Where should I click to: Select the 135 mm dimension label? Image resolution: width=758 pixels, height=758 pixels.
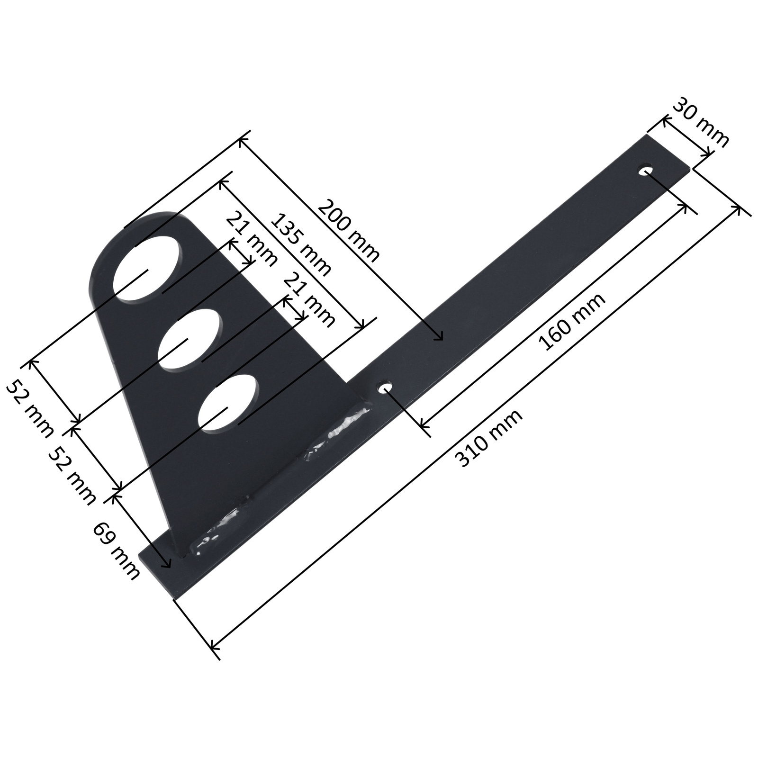(302, 245)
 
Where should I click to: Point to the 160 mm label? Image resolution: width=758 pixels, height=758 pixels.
(572, 322)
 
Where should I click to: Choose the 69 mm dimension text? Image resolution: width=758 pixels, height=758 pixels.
(117, 551)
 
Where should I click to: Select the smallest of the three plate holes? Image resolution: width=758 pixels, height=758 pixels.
(229, 403)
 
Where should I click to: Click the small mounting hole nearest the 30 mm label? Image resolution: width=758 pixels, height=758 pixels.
(647, 170)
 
